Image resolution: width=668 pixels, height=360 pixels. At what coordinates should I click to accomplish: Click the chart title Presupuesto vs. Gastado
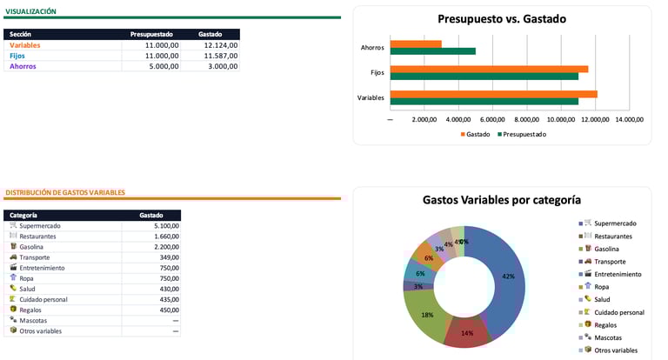click(501, 19)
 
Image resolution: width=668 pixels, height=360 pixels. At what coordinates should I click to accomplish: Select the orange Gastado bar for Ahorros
click(416, 43)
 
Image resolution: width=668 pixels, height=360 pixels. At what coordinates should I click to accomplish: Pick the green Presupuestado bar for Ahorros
click(432, 51)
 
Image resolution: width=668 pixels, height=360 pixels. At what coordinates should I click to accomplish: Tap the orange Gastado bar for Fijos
click(489, 69)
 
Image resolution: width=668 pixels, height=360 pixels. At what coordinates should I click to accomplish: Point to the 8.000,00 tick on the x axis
click(525, 119)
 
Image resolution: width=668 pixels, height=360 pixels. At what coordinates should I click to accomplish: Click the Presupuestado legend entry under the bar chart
click(524, 134)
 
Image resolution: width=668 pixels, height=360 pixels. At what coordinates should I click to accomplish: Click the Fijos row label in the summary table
click(17, 56)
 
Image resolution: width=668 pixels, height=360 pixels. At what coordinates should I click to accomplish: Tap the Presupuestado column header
click(151, 34)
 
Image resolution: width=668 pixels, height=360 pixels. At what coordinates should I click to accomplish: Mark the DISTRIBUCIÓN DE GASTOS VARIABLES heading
click(65, 192)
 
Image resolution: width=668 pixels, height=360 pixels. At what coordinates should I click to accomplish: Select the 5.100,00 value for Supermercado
click(164, 226)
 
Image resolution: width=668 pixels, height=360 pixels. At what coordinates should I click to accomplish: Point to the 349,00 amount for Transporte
click(168, 257)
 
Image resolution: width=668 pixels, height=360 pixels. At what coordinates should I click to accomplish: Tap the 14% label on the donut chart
click(467, 333)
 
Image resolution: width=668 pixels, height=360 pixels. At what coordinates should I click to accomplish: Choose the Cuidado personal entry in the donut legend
click(618, 312)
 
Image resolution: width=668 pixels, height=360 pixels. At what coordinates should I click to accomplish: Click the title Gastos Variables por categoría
click(501, 200)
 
